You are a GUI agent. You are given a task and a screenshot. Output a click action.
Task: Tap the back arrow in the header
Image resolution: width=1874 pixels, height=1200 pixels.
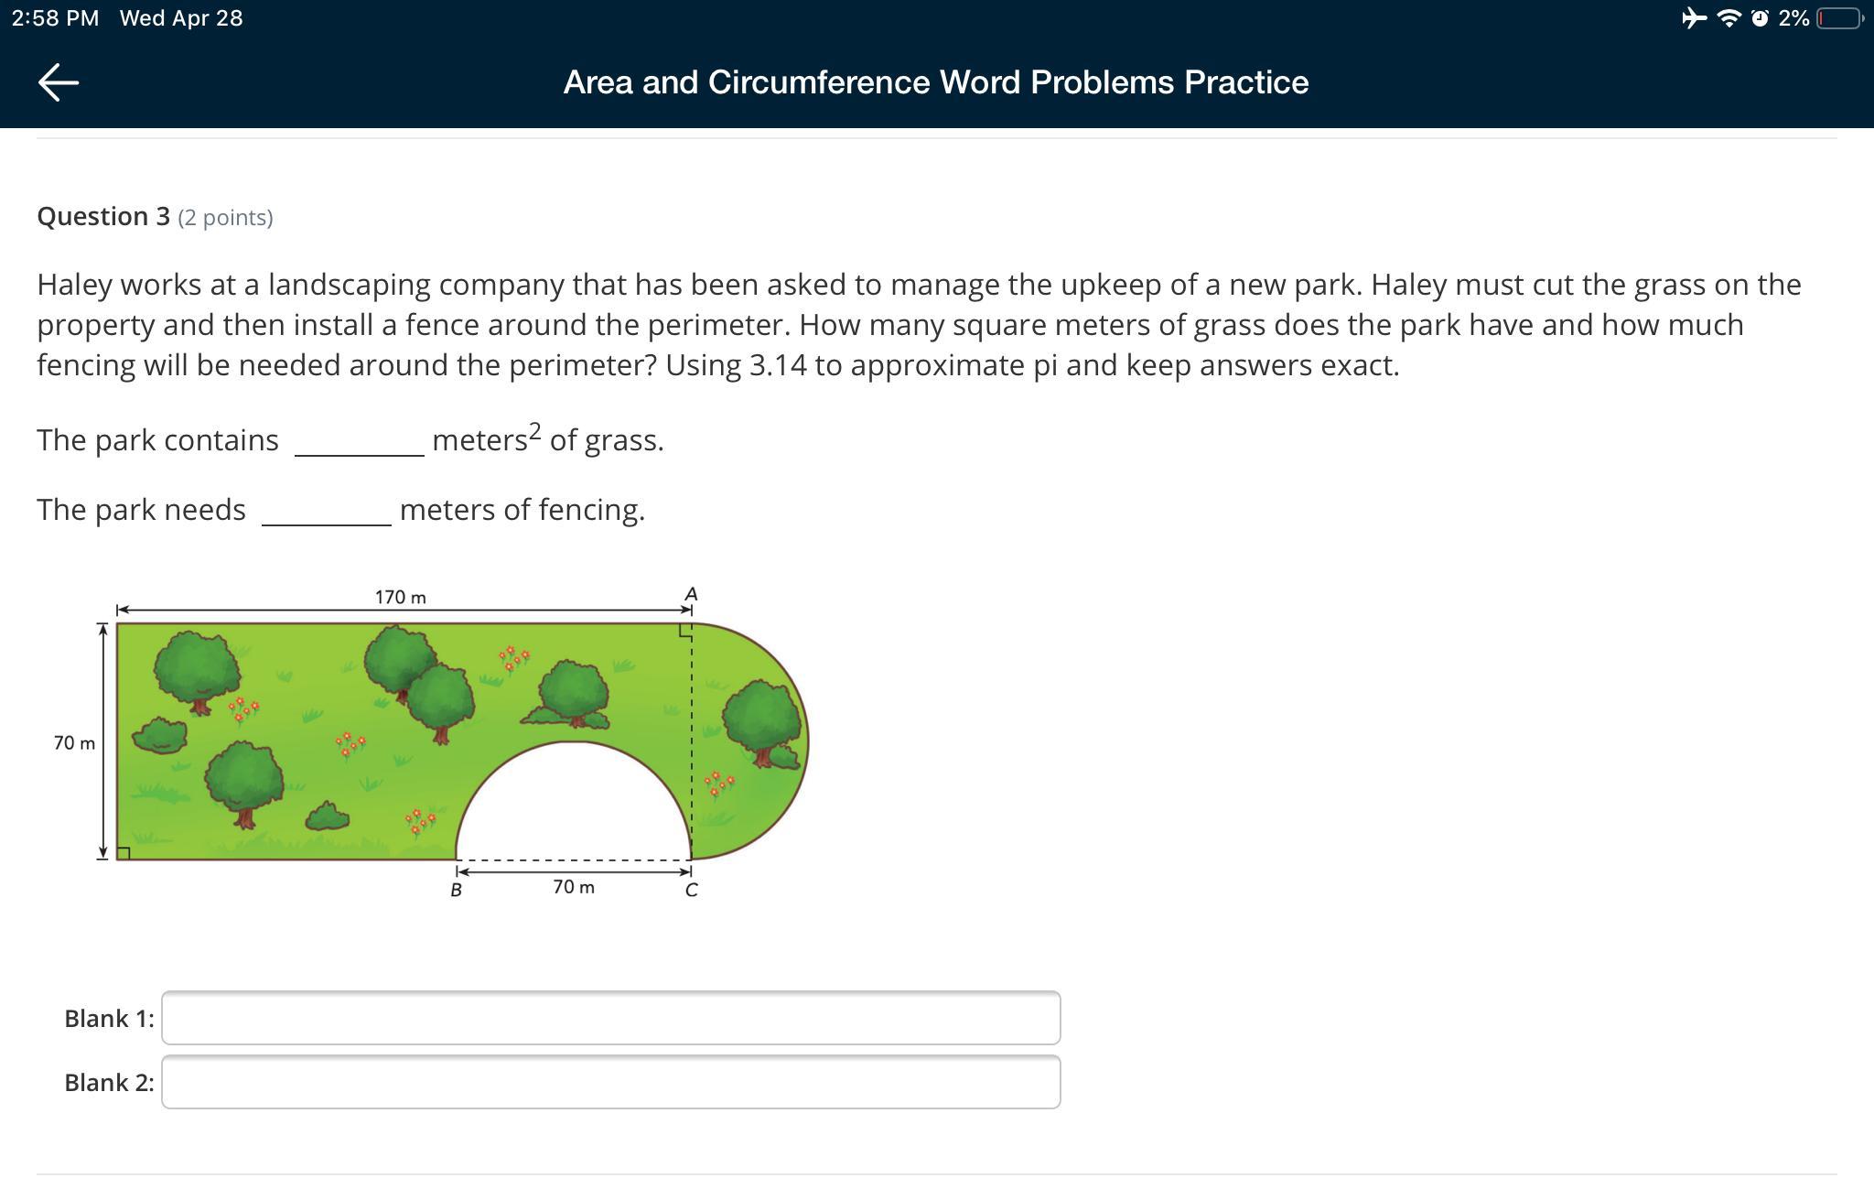click(x=59, y=82)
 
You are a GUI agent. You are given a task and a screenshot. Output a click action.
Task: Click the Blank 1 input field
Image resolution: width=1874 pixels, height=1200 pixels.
click(x=610, y=1018)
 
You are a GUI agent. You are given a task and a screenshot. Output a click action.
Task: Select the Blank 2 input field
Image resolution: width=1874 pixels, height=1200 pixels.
click(x=610, y=1082)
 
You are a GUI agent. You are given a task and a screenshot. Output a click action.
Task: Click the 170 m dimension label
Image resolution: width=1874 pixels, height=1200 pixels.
click(x=400, y=598)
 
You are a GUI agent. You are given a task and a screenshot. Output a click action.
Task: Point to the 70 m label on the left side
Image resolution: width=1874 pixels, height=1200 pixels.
click(x=74, y=743)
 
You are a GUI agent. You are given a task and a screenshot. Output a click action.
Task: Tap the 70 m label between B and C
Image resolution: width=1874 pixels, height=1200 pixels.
click(x=574, y=887)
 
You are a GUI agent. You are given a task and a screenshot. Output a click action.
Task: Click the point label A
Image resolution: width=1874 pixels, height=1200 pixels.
click(x=691, y=595)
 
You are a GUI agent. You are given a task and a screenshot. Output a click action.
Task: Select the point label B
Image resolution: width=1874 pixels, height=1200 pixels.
click(x=456, y=890)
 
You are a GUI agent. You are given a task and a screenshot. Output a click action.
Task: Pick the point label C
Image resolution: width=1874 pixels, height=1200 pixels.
click(x=691, y=890)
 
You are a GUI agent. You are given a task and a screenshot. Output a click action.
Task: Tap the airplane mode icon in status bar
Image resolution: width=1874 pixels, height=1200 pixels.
click(x=1694, y=18)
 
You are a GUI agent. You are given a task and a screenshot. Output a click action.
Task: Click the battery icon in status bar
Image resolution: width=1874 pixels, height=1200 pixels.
click(x=1839, y=18)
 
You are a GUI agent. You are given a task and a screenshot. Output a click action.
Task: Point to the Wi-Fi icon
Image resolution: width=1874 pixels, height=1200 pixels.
click(x=1729, y=18)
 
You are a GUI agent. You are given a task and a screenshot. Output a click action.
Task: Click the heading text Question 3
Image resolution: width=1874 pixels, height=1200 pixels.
click(x=103, y=217)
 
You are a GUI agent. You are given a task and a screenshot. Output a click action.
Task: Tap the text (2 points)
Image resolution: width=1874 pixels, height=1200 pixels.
click(x=225, y=218)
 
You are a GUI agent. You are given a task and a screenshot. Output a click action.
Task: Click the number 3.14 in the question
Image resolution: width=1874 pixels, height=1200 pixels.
click(x=778, y=365)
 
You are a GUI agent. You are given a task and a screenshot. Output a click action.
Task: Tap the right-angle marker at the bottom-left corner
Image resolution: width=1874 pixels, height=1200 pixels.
click(x=124, y=853)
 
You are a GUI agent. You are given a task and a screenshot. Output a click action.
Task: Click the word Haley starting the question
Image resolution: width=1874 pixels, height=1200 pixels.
click(x=75, y=285)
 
